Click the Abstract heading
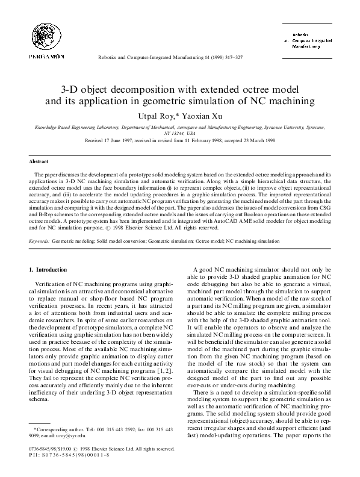[39, 161]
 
